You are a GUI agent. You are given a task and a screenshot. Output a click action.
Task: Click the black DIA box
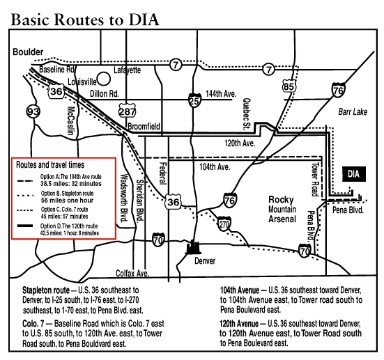pyautogui.click(x=353, y=174)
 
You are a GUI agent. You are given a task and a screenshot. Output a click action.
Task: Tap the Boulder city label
pyautogui.click(x=28, y=52)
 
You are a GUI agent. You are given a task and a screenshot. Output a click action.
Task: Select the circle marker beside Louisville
pyautogui.click(x=104, y=79)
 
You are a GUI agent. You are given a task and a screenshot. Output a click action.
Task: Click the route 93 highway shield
pyautogui.click(x=33, y=111)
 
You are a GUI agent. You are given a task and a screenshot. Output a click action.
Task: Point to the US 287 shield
pyautogui.click(x=127, y=111)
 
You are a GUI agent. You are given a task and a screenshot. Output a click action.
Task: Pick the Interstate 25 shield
pyautogui.click(x=194, y=100)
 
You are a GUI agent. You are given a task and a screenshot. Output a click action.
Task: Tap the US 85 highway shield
pyautogui.click(x=289, y=86)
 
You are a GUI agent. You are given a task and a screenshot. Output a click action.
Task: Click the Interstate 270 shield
pyautogui.click(x=224, y=224)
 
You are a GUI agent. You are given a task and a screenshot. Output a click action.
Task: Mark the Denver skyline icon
pyautogui.click(x=194, y=247)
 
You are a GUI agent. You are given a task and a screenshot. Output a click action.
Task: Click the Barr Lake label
pyautogui.click(x=353, y=112)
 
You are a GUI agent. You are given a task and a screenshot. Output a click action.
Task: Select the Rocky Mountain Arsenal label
pyautogui.click(x=282, y=209)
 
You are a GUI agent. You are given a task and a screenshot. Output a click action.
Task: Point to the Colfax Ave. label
pyautogui.click(x=132, y=273)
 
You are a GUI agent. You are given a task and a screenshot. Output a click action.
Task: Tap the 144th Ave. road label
pyautogui.click(x=221, y=93)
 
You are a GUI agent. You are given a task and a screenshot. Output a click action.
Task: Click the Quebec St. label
pyautogui.click(x=247, y=114)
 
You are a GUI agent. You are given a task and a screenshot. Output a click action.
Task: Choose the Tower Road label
pyautogui.click(x=315, y=180)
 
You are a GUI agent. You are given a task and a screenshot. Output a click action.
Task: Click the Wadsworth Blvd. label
pyautogui.click(x=125, y=198)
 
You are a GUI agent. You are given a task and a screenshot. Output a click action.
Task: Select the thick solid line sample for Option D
pyautogui.click(x=24, y=226)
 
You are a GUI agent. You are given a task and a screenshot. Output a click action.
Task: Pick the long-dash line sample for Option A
pyautogui.click(x=24, y=181)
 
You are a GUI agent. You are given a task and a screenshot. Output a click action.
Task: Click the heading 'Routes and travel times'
pyautogui.click(x=50, y=165)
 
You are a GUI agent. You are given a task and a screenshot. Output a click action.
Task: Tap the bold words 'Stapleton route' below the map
pyautogui.click(x=46, y=290)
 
